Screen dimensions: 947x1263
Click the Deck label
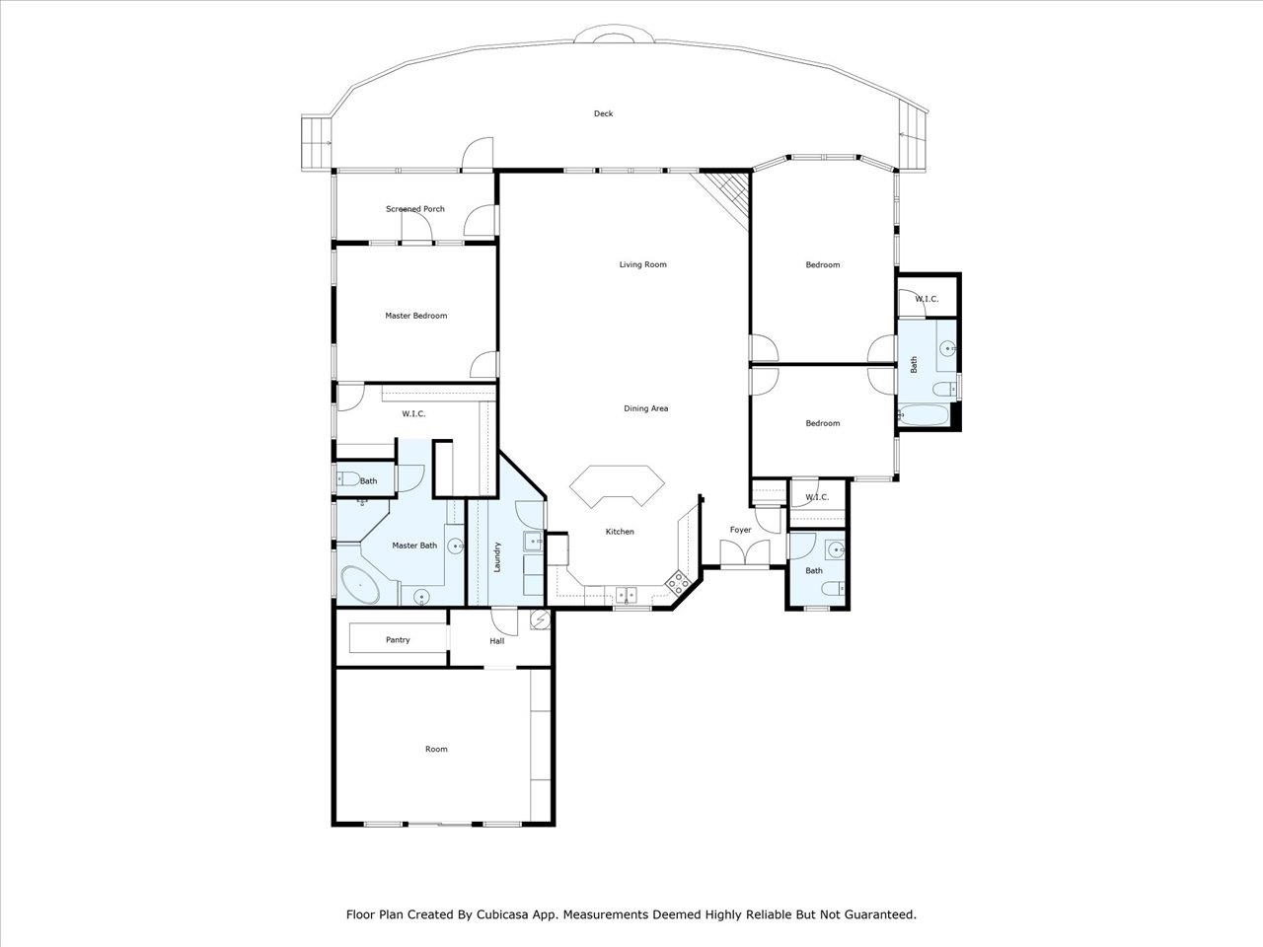point(603,113)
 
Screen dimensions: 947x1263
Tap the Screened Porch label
point(414,209)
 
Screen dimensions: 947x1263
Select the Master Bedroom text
point(415,316)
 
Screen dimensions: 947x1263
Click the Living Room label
point(642,264)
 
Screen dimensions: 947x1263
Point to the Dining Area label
point(645,408)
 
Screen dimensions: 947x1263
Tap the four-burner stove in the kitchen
point(678,582)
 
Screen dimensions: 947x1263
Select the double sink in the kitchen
point(627,595)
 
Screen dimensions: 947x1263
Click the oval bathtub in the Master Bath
point(360,585)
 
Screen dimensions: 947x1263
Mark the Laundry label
point(498,556)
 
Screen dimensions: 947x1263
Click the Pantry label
point(398,640)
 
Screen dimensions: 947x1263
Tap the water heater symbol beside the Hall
point(540,619)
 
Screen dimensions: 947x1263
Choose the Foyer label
point(740,530)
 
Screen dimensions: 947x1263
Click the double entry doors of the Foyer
point(740,557)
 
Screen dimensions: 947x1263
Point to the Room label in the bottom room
point(436,749)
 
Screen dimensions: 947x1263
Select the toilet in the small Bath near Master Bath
point(347,480)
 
